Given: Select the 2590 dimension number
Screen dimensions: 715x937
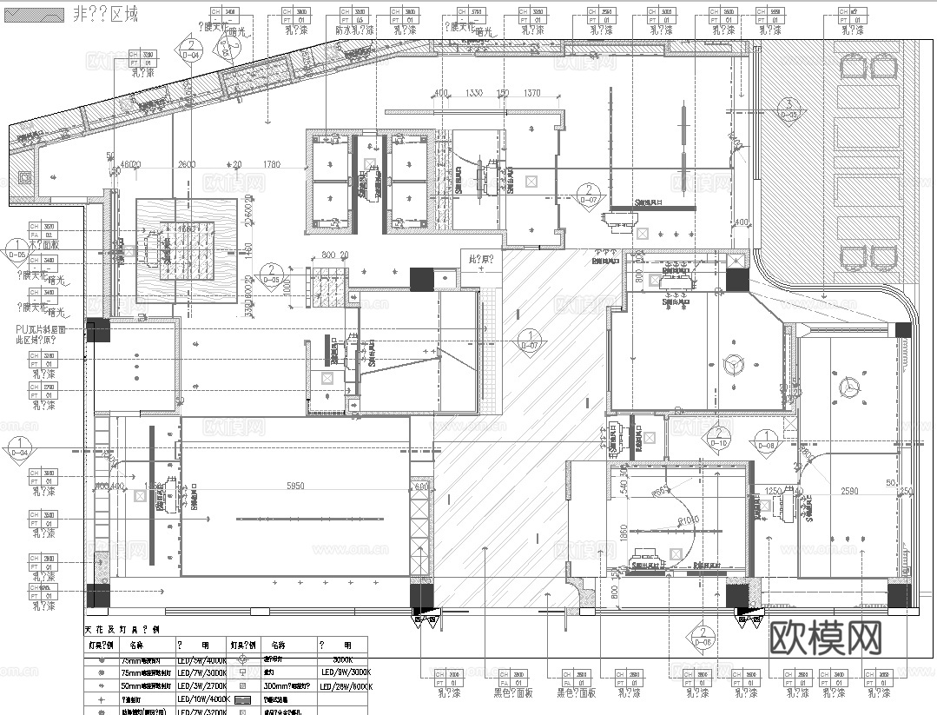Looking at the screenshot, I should [x=850, y=491].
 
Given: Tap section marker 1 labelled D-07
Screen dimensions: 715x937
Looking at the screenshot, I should [x=528, y=341].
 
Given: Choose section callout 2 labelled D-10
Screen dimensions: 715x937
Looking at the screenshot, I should [x=719, y=439].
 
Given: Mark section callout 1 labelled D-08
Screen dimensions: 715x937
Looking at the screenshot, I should [x=767, y=440].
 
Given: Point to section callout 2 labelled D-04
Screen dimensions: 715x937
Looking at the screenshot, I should [x=190, y=50].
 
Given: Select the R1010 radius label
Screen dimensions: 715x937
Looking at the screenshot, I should [x=689, y=520].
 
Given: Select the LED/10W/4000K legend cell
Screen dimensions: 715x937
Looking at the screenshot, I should [x=202, y=698].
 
